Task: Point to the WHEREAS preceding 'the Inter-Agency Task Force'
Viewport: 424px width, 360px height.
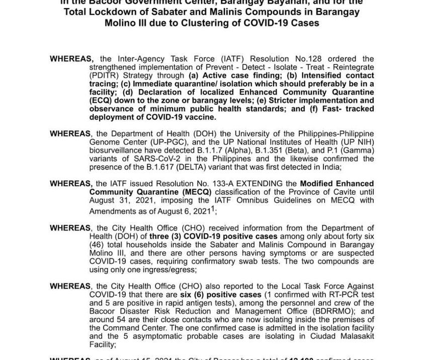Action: tap(71, 59)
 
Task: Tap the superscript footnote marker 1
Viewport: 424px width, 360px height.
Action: tap(213, 207)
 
